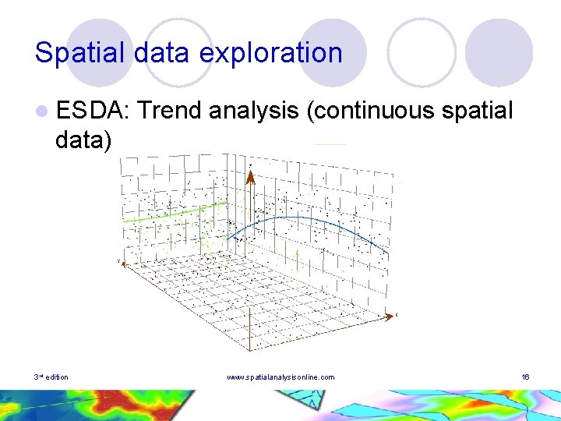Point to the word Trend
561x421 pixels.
(173, 111)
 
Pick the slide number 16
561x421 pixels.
(526, 377)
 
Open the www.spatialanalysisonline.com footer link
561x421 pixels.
(280, 377)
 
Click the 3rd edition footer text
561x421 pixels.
(51, 377)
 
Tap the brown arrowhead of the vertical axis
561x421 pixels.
(251, 177)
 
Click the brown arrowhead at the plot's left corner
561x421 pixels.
(119, 262)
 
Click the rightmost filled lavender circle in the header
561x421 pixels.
(499, 52)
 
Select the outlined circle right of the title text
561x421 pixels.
(421, 52)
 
